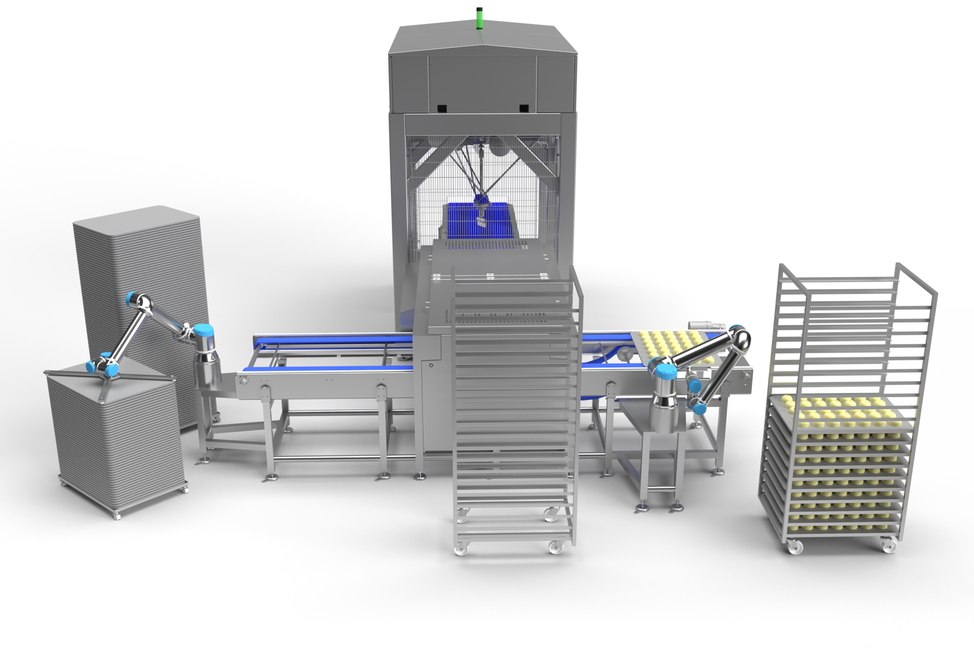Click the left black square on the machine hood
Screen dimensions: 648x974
(442, 108)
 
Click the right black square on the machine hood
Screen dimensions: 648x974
(524, 108)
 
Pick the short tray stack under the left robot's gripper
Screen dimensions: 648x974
(114, 437)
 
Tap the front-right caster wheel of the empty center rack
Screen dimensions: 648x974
(554, 547)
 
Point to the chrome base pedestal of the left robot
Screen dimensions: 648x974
(208, 371)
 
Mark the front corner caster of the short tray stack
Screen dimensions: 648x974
(116, 514)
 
